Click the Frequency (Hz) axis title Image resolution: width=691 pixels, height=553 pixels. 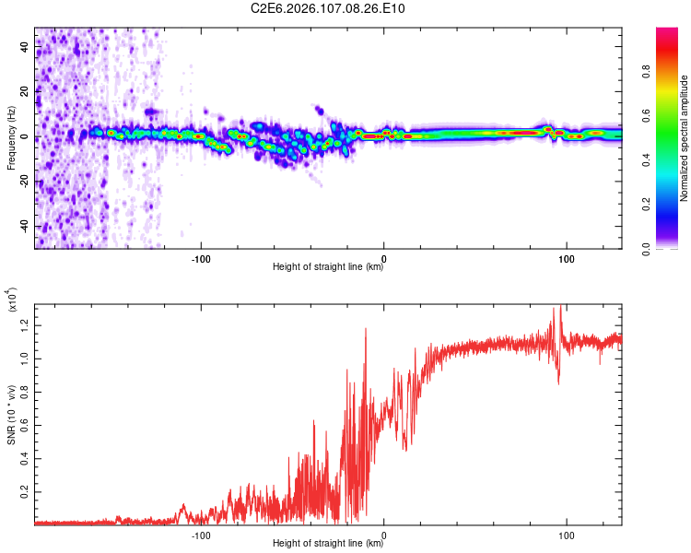click(x=12, y=137)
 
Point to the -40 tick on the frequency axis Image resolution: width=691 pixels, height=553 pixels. click(x=23, y=227)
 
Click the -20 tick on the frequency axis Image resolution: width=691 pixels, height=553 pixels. click(x=23, y=182)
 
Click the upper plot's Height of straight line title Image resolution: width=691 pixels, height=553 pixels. click(x=328, y=267)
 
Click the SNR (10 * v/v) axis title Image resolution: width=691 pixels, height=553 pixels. click(x=12, y=412)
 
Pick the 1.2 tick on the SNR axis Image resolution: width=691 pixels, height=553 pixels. click(x=23, y=324)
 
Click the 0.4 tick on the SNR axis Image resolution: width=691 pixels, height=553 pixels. click(x=23, y=458)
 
